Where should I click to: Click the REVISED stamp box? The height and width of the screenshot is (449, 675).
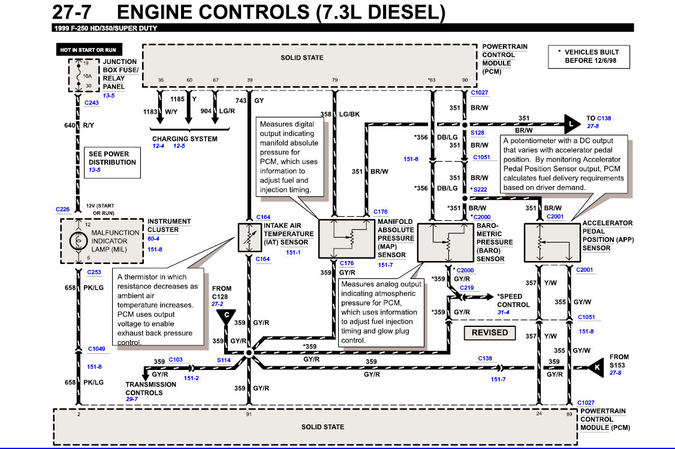coord(489,332)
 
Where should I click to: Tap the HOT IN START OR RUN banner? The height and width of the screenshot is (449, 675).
coord(89,50)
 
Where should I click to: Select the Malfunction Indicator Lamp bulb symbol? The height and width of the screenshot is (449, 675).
coord(79,241)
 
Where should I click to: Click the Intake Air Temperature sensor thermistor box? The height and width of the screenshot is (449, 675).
coord(250,238)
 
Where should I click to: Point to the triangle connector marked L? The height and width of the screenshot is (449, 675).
coord(572,125)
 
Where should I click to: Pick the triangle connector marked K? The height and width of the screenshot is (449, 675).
coord(596,368)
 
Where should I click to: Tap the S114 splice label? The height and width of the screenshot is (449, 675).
coord(224,360)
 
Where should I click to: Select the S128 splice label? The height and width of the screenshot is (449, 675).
coord(477,133)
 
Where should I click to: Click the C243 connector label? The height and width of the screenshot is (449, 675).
coord(92,103)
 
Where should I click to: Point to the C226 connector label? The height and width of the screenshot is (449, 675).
coord(62,210)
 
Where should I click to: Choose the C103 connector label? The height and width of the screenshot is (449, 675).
coord(176,360)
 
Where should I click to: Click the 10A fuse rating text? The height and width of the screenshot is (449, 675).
coord(88,76)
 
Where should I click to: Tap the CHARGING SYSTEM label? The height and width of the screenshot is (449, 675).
coord(185,139)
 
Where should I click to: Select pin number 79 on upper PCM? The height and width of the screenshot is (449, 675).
coord(335,80)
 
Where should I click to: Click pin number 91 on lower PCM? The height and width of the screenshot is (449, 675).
coord(249,414)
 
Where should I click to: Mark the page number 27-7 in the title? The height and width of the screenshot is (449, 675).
coord(72,12)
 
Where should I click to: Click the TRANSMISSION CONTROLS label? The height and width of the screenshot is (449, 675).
coord(150,389)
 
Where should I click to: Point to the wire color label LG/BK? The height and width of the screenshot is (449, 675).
coord(349,114)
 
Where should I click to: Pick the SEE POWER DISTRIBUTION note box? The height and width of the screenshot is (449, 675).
coord(112,162)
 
